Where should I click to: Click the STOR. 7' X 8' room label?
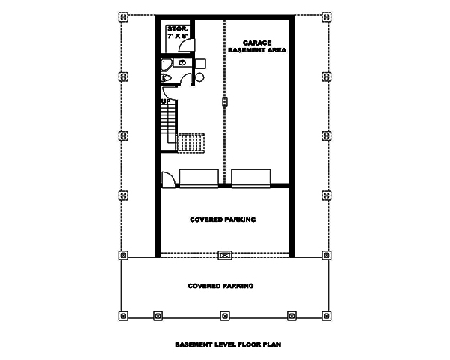(177, 32)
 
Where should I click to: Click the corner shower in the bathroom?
(166, 64)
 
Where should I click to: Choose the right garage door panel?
(251, 178)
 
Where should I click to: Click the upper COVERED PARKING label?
(223, 220)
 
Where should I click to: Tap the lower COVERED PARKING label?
(220, 286)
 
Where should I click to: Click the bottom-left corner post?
(123, 315)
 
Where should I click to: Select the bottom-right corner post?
(325, 315)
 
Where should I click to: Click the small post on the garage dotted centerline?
(224, 99)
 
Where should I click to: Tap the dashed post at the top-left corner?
(123, 16)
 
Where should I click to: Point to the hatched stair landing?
(191, 142)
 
